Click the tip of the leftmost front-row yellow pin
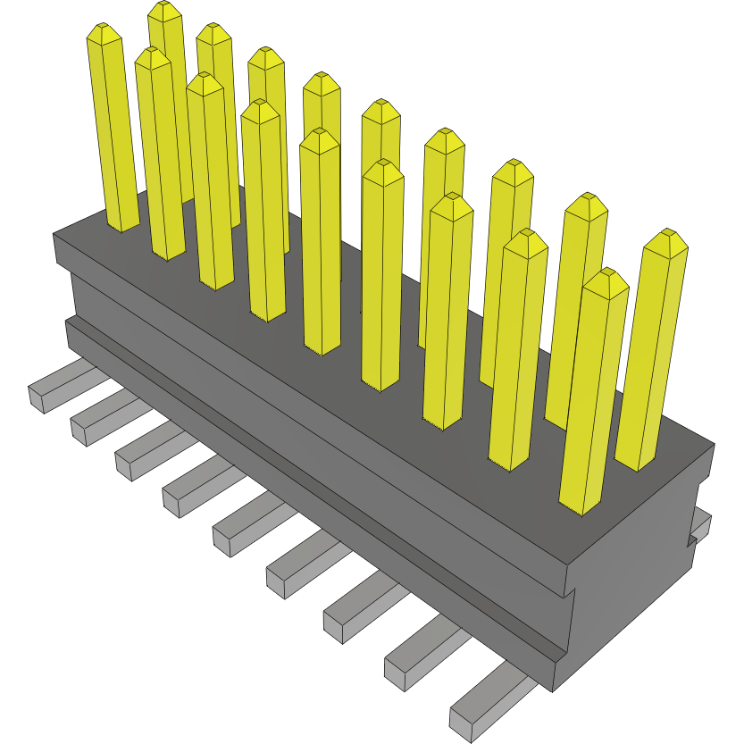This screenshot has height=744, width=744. click(x=104, y=32)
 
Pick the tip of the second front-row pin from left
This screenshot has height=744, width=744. click(x=153, y=55)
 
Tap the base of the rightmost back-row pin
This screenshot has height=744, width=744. click(x=638, y=463)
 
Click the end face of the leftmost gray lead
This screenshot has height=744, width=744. click(x=38, y=399)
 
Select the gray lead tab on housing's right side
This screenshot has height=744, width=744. click(x=700, y=527)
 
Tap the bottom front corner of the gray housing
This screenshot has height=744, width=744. click(x=554, y=690)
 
